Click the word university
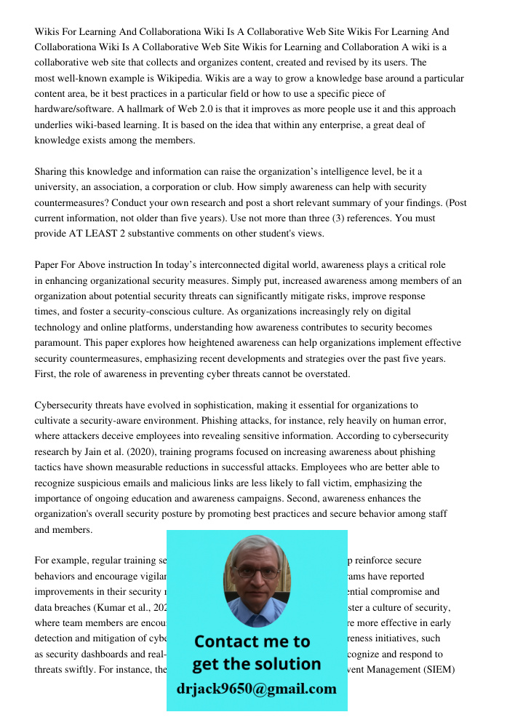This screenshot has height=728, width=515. pyautogui.click(x=58, y=187)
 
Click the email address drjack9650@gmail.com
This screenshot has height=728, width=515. pyautogui.click(x=257, y=689)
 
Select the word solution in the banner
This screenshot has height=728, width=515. pyautogui.click(x=285, y=664)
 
